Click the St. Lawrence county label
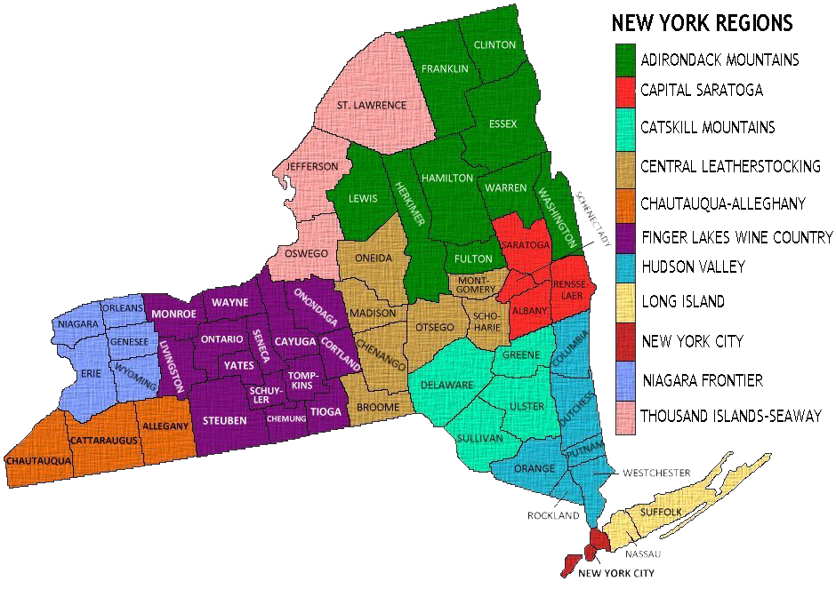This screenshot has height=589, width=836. coord(372,105)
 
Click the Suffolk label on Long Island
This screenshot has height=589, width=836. coord(660,513)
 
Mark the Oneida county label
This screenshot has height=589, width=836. coord(372,258)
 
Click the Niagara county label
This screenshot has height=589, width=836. coord(78,324)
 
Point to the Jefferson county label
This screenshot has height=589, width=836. coord(311,166)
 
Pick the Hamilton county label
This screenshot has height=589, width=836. coord(447,178)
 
